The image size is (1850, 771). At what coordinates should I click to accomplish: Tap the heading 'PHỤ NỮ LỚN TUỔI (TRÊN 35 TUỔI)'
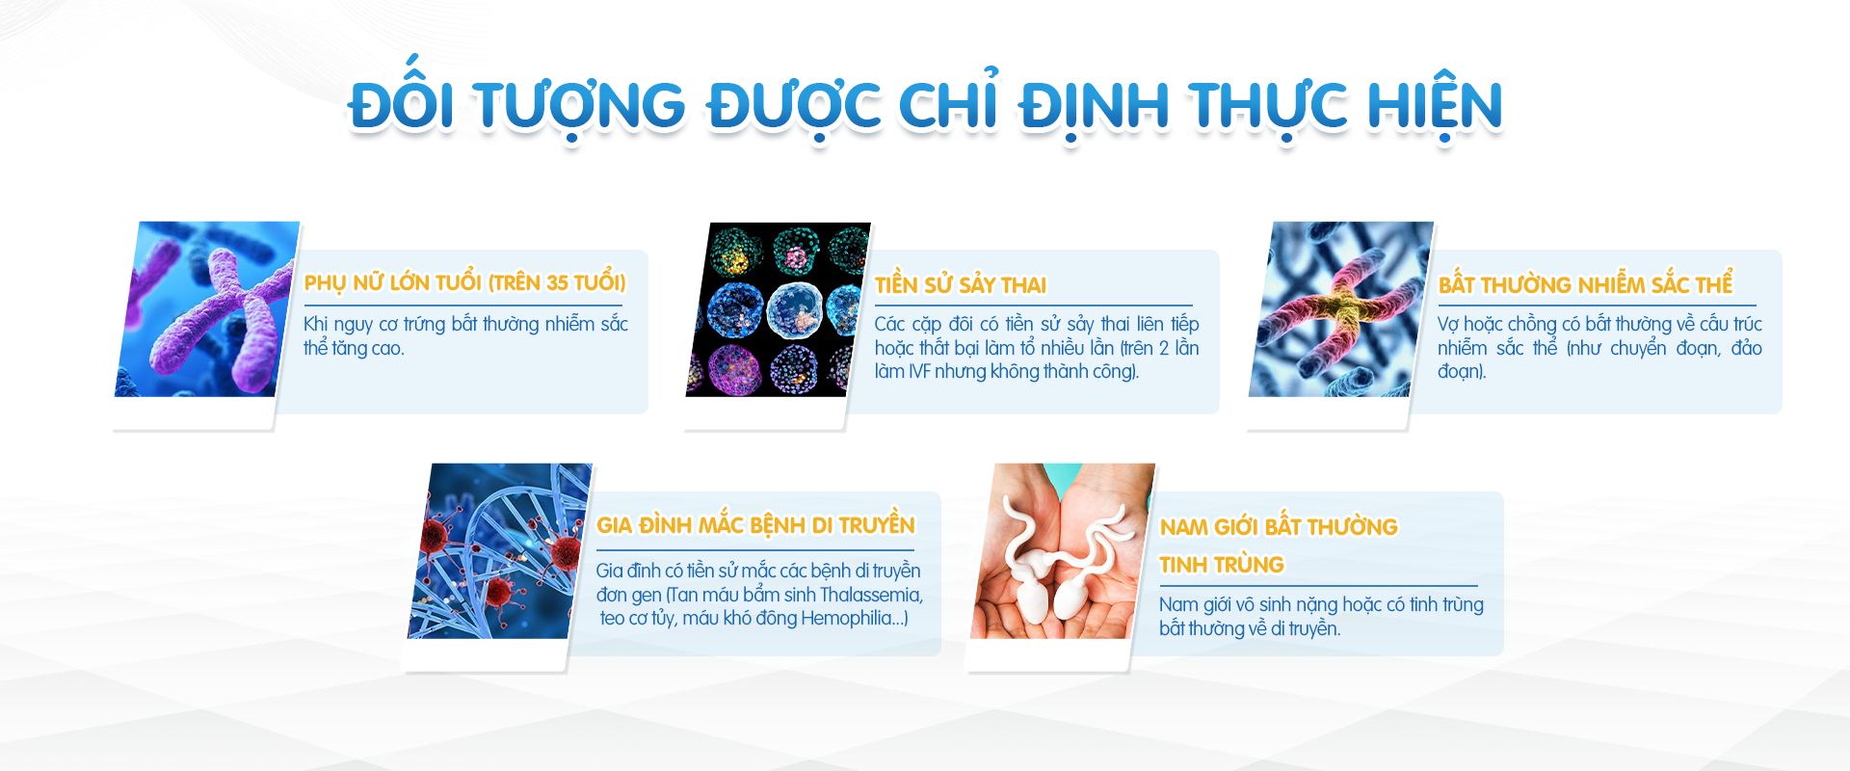(x=464, y=282)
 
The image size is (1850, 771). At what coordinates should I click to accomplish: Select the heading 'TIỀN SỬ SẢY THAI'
(x=961, y=284)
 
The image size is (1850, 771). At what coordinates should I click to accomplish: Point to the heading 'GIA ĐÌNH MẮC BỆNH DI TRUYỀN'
(x=755, y=523)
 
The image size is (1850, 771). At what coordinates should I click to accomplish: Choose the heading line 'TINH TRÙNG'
(x=1222, y=565)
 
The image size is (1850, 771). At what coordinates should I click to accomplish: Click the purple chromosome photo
(x=206, y=309)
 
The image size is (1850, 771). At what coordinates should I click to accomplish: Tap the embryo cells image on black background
(x=778, y=309)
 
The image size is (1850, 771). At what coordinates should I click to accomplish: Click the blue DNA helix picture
(x=500, y=551)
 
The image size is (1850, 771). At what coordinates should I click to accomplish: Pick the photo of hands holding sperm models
(x=1063, y=551)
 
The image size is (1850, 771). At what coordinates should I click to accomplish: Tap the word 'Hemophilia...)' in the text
(x=855, y=618)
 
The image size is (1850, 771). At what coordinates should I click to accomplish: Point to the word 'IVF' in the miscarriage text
(x=919, y=371)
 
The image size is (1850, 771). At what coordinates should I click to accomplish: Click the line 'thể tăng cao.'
(x=354, y=348)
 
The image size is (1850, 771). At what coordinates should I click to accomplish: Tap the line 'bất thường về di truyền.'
(x=1250, y=628)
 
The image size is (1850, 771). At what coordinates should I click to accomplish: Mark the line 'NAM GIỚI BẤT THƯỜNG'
(x=1279, y=526)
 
